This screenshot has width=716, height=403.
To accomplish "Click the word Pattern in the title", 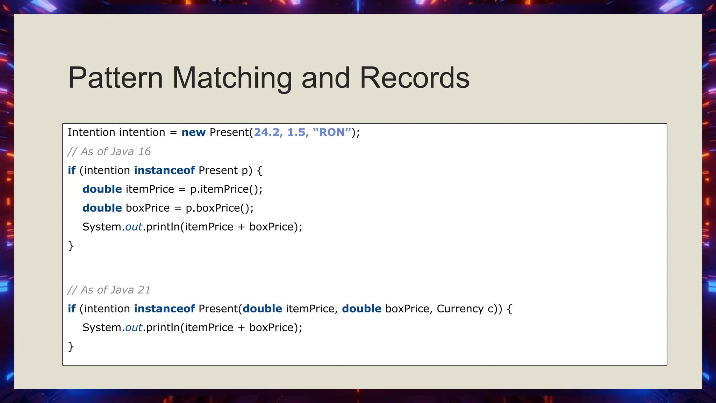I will click(x=115, y=78).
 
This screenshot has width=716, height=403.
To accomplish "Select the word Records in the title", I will click(x=415, y=78).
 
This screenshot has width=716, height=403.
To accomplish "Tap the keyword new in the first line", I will click(x=193, y=132).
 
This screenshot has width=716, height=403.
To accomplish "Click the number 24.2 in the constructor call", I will click(x=266, y=132).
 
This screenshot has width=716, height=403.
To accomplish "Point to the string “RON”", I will click(x=332, y=132).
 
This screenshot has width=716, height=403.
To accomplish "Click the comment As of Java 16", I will click(x=109, y=151).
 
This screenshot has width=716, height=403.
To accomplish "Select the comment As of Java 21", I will click(x=109, y=290).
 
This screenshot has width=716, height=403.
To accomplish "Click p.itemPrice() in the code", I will click(x=226, y=189).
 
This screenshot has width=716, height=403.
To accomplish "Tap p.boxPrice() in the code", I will click(x=219, y=208).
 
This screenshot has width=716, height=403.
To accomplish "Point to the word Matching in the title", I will click(x=232, y=78).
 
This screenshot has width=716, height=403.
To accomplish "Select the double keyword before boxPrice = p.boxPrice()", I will click(x=102, y=208).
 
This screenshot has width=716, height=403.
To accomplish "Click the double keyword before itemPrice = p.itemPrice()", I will click(x=102, y=189).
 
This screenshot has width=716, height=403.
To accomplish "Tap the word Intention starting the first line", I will click(x=91, y=132).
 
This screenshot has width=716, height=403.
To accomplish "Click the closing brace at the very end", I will click(x=71, y=347).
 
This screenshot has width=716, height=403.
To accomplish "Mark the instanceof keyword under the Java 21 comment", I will click(x=164, y=309).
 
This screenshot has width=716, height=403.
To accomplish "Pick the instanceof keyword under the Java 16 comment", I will click(x=164, y=170).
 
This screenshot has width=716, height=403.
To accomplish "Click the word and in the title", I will click(x=325, y=78).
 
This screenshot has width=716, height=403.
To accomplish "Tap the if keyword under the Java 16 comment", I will click(x=72, y=170).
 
